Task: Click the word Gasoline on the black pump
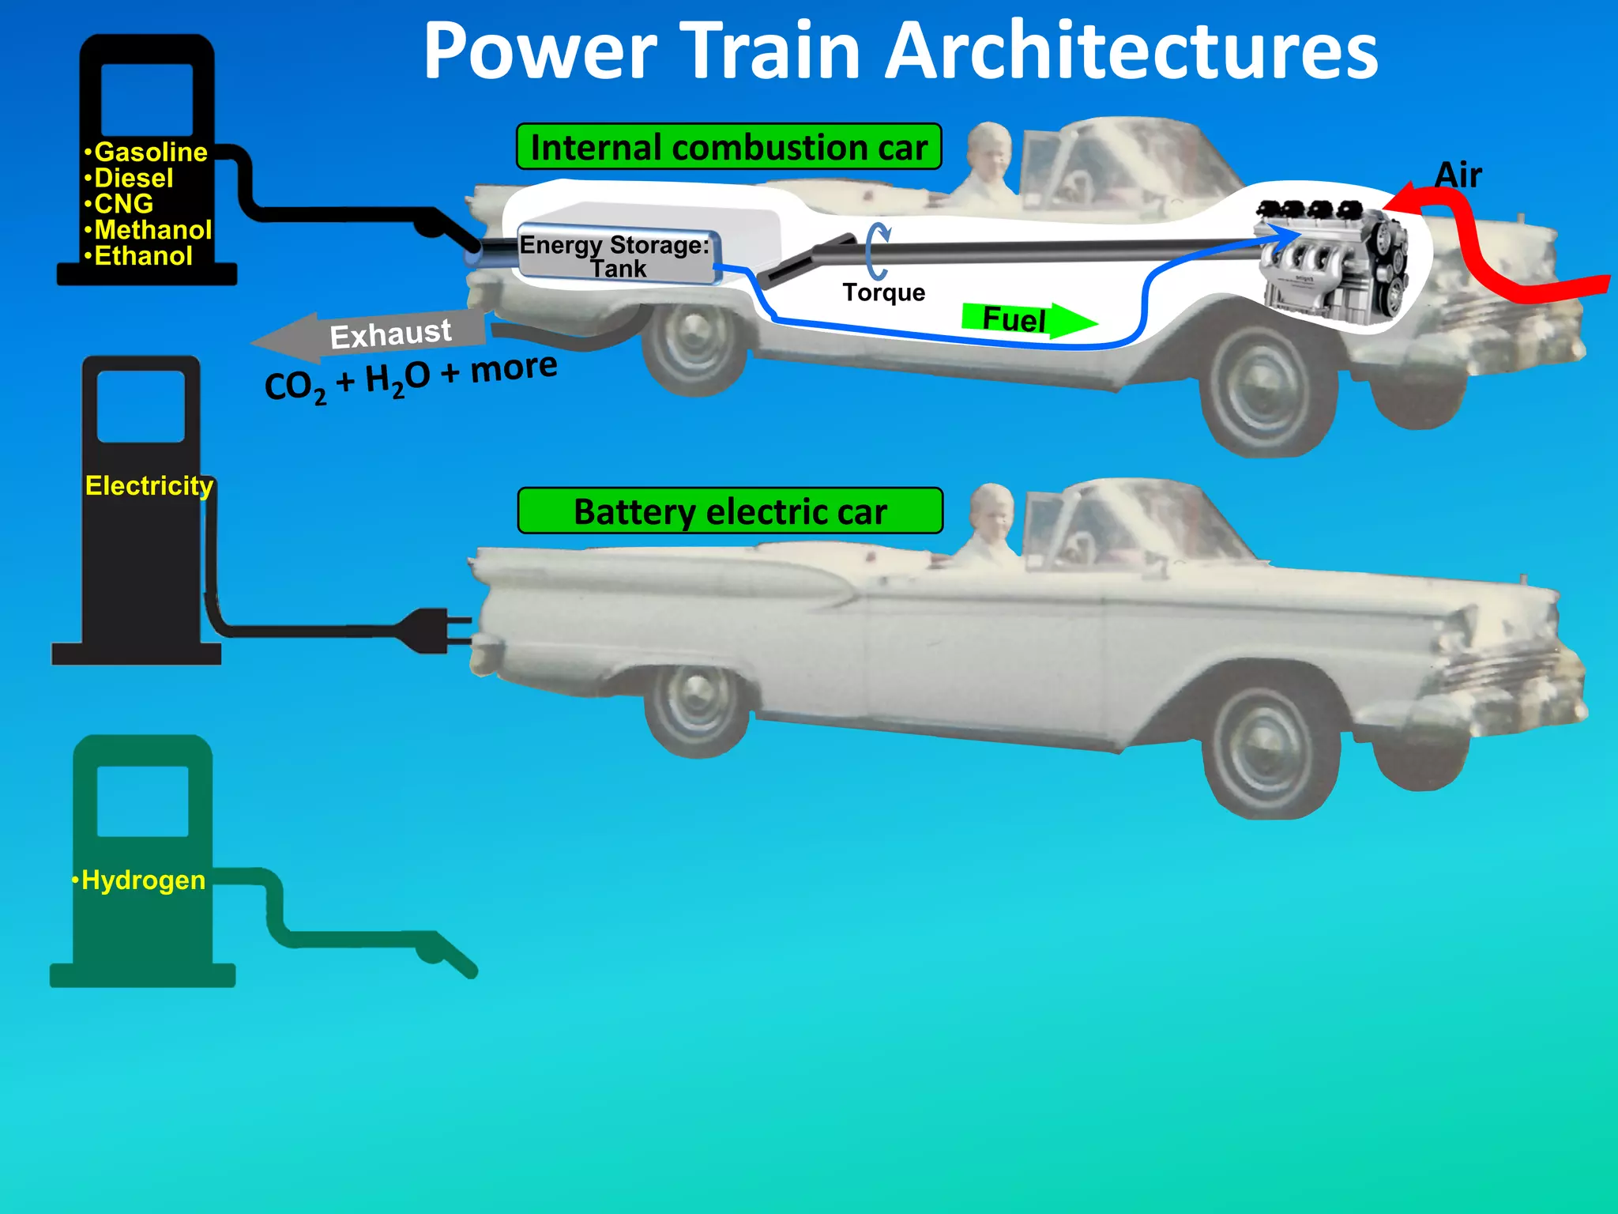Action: coord(150,152)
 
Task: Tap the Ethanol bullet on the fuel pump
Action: coord(142,256)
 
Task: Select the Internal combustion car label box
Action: coord(728,147)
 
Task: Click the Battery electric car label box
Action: coord(730,511)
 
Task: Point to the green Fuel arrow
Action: coord(1027,319)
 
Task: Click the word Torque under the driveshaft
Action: coord(883,292)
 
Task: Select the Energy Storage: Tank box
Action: coord(616,256)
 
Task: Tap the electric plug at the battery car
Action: coord(431,630)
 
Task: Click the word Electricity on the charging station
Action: coord(149,485)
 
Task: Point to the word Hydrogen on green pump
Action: coord(142,880)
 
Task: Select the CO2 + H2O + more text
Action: coord(411,377)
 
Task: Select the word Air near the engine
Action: coord(1458,175)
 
